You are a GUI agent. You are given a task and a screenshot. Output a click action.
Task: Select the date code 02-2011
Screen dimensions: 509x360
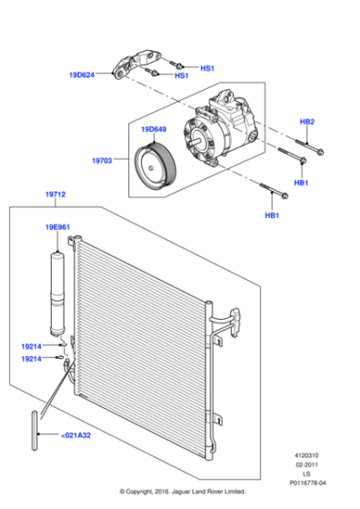pyautogui.click(x=306, y=464)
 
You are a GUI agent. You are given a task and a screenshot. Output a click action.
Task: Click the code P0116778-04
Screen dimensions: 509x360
pyautogui.click(x=306, y=484)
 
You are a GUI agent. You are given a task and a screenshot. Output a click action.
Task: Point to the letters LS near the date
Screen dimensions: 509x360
pyautogui.click(x=306, y=474)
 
